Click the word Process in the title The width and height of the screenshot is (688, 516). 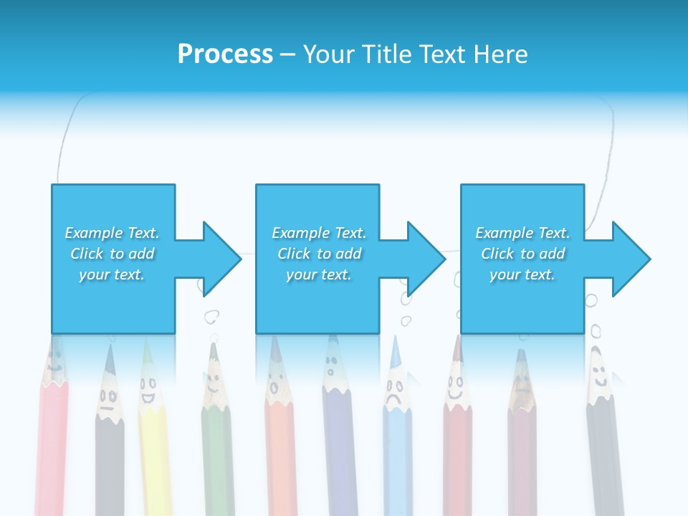pyautogui.click(x=225, y=54)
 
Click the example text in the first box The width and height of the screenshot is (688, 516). pyautogui.click(x=113, y=254)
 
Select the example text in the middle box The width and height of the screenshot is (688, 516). pyautogui.click(x=318, y=254)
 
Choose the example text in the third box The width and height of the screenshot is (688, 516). pyautogui.click(x=522, y=254)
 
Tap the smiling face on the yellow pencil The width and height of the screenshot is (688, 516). pyautogui.click(x=148, y=392)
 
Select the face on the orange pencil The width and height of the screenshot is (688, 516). pyautogui.click(x=274, y=387)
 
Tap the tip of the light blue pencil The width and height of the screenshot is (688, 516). pyautogui.click(x=394, y=343)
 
